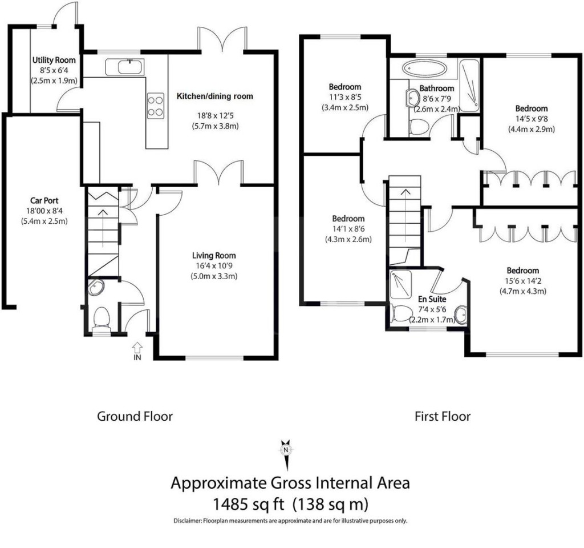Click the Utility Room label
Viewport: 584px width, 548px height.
(54, 60)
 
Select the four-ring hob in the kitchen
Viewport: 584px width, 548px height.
(155, 105)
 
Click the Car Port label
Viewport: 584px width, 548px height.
(44, 201)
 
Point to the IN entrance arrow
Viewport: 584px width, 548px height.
(137, 348)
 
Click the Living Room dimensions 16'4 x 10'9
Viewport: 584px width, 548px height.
(214, 265)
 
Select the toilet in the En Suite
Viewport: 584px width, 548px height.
(401, 313)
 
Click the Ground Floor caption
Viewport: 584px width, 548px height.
(135, 416)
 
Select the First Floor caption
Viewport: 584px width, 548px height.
(443, 416)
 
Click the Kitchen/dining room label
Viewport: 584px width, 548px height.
(214, 96)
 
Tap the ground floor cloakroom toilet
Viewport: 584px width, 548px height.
(102, 318)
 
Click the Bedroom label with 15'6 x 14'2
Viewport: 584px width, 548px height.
(523, 270)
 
